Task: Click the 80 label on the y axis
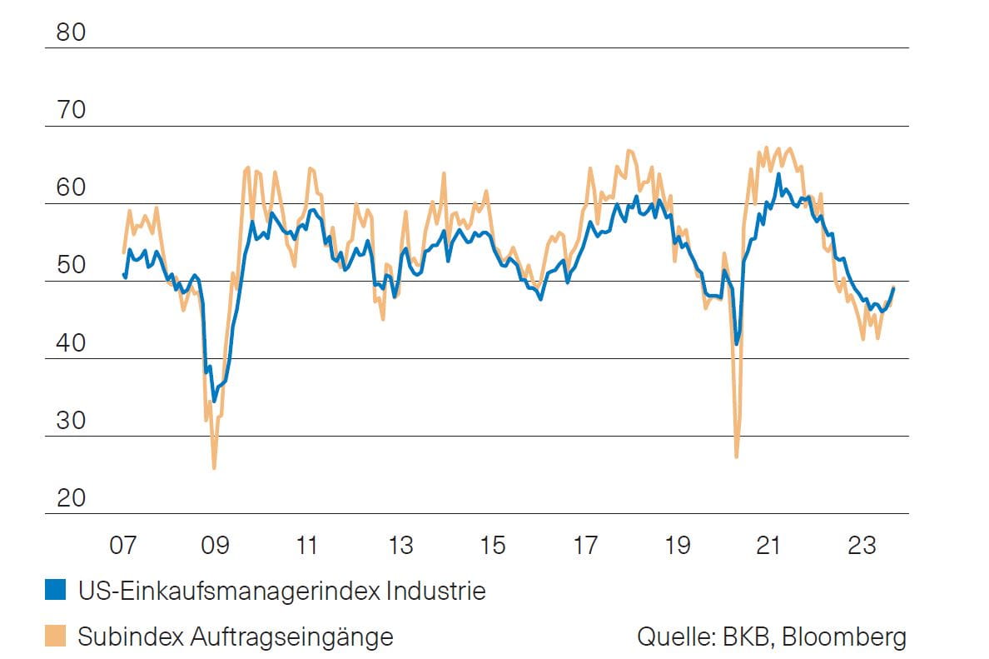(x=71, y=32)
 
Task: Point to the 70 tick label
(x=71, y=110)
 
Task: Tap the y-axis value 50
(x=71, y=266)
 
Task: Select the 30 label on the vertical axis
(x=71, y=421)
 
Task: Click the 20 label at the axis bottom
(x=71, y=498)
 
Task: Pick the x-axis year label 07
(x=122, y=546)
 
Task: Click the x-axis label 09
(x=215, y=546)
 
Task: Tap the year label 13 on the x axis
(x=400, y=546)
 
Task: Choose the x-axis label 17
(x=584, y=546)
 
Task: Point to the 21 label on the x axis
(x=769, y=546)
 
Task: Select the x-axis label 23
(x=862, y=546)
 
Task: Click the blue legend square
(x=55, y=592)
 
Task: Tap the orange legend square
(x=55, y=637)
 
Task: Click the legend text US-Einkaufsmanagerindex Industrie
(x=281, y=592)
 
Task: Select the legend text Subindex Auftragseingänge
(x=236, y=637)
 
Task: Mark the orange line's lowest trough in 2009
(x=214, y=468)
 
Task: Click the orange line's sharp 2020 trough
(x=737, y=457)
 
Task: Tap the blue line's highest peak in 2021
(x=778, y=174)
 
